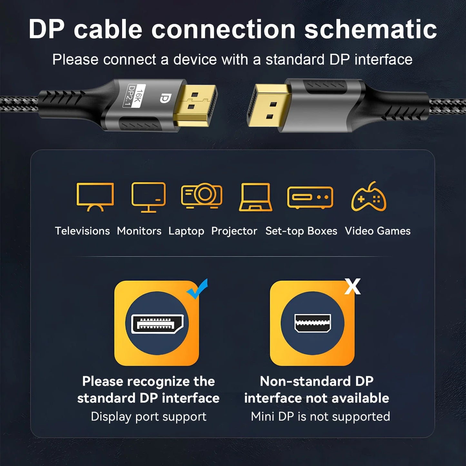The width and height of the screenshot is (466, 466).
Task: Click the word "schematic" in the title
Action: (x=371, y=30)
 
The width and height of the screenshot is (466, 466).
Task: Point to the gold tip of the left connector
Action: (x=195, y=105)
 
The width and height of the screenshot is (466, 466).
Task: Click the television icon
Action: (x=95, y=196)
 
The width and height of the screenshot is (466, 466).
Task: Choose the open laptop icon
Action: (x=255, y=197)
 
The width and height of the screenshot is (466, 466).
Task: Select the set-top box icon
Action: (x=310, y=197)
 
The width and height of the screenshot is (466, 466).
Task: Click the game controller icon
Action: (x=369, y=197)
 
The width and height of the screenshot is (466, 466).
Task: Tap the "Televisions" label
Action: (x=82, y=231)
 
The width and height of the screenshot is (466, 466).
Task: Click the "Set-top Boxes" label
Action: (x=301, y=231)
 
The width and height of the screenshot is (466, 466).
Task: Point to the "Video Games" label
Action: (x=378, y=231)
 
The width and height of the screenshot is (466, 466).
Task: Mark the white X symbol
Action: (x=352, y=286)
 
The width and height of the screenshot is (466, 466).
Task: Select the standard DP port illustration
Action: (x=157, y=323)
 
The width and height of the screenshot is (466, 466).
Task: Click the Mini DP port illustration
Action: (x=312, y=323)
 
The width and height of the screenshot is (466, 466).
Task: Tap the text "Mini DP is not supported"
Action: (x=320, y=416)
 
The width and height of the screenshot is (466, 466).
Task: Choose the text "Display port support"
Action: (x=148, y=416)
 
